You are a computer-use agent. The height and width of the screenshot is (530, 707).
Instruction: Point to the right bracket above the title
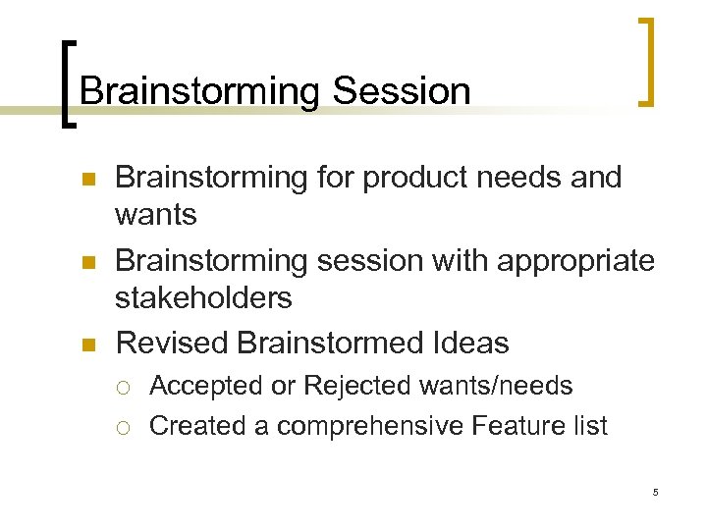(x=645, y=61)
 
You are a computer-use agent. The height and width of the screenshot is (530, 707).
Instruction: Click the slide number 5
(x=655, y=492)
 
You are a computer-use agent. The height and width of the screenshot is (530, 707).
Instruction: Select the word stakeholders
(x=203, y=295)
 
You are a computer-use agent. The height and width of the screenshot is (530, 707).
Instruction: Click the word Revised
(x=172, y=343)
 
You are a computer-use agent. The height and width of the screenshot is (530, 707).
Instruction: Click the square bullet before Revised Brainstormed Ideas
(x=87, y=344)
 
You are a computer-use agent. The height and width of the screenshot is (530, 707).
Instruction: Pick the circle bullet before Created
(x=125, y=427)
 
